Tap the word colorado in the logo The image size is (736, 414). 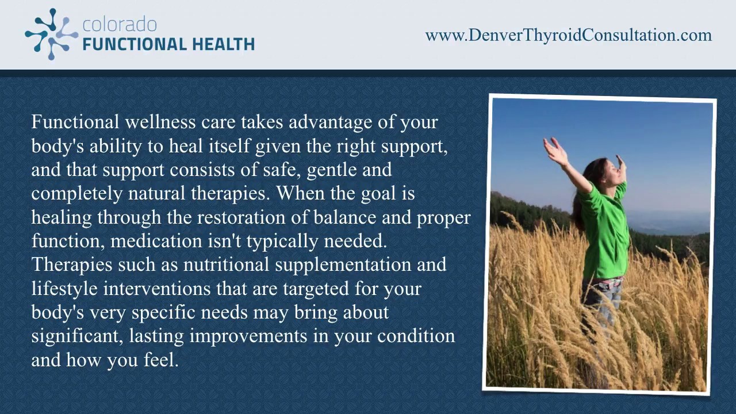pyautogui.click(x=120, y=25)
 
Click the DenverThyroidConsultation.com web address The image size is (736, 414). pyautogui.click(x=568, y=35)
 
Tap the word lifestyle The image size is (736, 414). pyautogui.click(x=64, y=289)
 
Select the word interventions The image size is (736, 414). pyautogui.click(x=157, y=289)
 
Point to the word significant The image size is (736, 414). pyautogui.click(x=76, y=336)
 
